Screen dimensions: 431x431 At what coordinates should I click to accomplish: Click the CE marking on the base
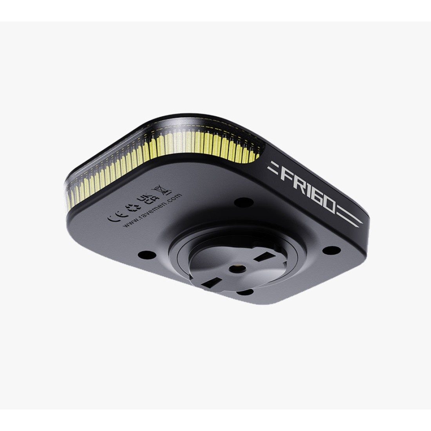click(x=114, y=214)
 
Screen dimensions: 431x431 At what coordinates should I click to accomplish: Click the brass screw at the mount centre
click(x=236, y=267)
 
